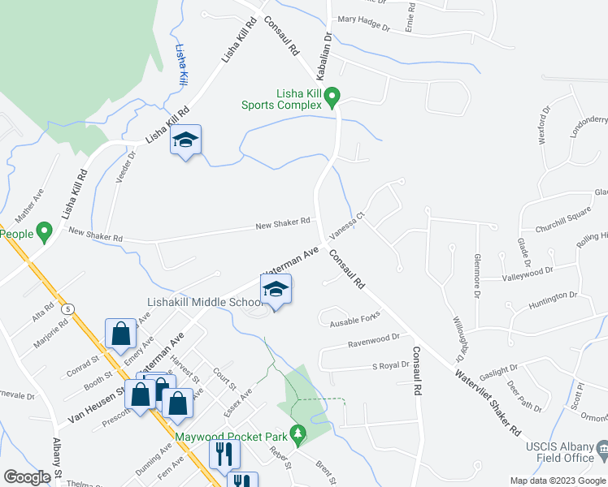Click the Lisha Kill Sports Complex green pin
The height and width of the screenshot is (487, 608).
pos(332,97)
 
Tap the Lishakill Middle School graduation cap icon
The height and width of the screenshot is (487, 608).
pos(276,290)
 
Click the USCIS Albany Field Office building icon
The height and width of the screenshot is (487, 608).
pos(601,449)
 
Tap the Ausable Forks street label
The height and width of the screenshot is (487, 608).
pos(355,322)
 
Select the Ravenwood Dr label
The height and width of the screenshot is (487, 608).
pos(374,338)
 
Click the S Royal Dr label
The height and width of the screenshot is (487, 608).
pos(390,365)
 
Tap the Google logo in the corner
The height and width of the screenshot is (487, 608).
pos(27,477)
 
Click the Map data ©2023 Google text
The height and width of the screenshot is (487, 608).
pos(558,481)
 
